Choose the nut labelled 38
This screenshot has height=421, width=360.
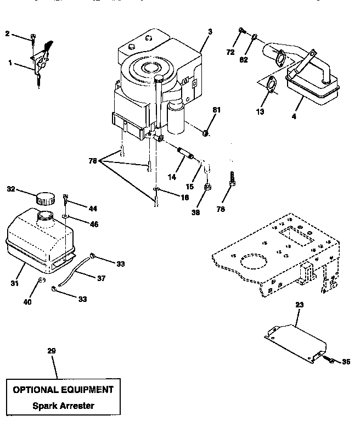pos(208,188)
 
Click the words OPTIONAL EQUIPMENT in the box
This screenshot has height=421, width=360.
pos(63,390)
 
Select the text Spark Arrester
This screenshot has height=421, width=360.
pos(64,406)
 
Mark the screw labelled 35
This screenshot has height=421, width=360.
pos(332,360)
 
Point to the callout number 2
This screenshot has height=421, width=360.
pos(7,34)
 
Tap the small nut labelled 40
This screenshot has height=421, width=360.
pos(41,283)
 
